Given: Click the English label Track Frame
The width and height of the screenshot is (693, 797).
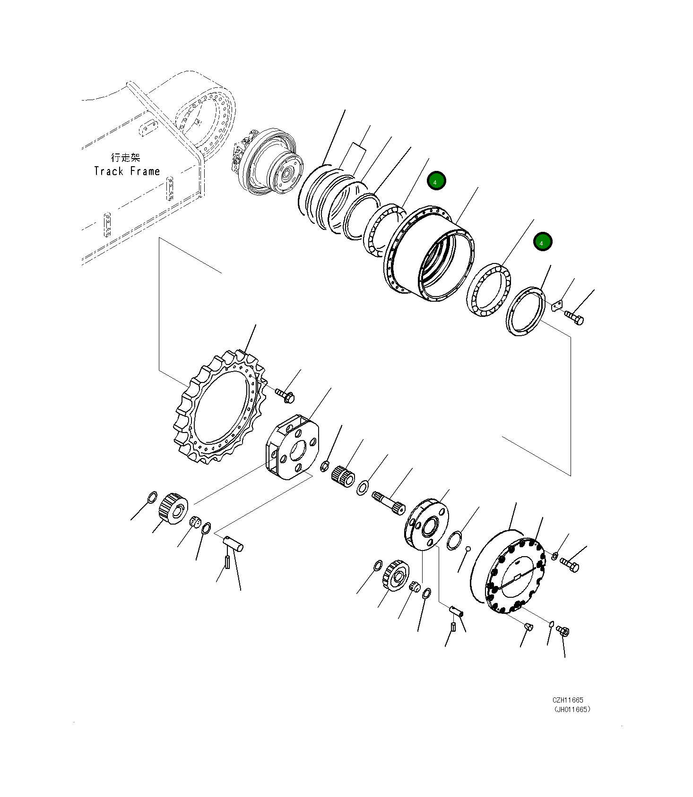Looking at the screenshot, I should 127,171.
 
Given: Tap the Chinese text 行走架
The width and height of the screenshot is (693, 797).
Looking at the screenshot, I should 125,158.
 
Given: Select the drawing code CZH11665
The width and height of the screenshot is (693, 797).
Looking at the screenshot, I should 568,700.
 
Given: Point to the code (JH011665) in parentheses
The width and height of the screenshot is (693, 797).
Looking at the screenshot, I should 572,709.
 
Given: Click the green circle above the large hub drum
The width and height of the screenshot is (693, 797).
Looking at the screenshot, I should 436,181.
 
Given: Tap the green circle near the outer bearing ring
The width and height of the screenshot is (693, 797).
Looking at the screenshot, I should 542,242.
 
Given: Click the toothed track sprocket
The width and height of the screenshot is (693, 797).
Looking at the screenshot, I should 219,407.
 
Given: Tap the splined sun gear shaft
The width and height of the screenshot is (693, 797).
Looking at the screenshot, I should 389,501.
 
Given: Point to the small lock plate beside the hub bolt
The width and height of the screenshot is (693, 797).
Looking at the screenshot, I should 557,305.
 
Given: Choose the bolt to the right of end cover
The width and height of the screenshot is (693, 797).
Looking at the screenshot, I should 570,564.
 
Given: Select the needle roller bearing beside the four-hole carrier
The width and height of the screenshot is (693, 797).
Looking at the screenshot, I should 343,475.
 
